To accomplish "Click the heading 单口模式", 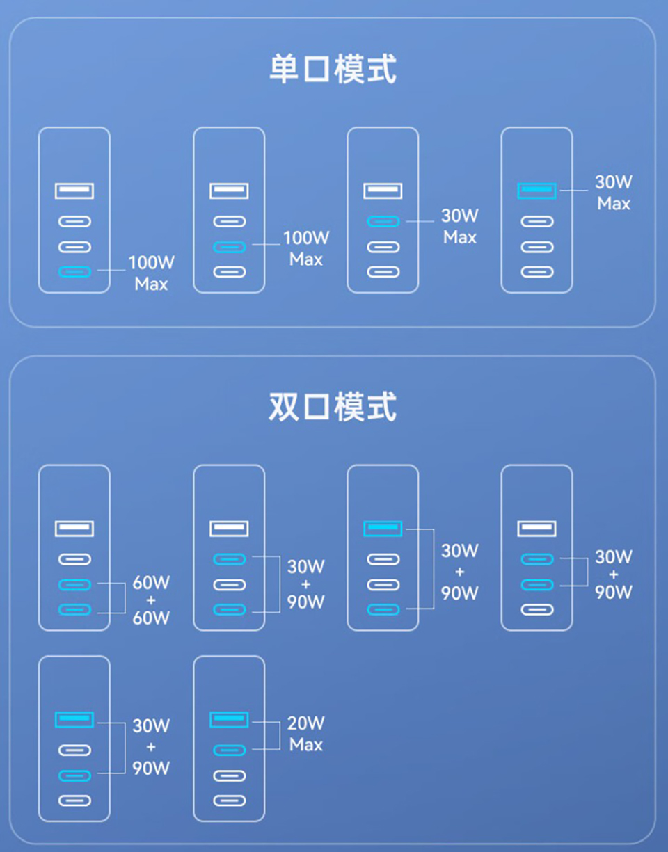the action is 333,70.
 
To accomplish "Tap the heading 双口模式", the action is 333,407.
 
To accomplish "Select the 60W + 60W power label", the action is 151,600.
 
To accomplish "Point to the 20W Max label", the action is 306,734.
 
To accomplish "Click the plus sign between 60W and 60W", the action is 151,600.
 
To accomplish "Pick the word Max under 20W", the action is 306,744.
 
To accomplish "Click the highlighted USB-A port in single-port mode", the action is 536,191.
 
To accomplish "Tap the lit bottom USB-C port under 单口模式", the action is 74,272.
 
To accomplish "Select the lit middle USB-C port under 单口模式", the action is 230,247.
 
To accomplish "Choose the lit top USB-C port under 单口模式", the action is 383,222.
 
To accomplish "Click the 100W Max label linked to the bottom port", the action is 152,273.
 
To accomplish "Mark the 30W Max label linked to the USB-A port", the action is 614,193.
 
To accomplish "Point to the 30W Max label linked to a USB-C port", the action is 460,226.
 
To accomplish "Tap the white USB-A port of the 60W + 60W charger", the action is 74,529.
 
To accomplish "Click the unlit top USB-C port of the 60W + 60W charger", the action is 74,559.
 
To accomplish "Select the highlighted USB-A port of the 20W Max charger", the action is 229,719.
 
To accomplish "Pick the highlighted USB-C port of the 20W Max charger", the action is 230,750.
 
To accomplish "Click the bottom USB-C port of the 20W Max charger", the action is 230,801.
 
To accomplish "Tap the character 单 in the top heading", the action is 284,70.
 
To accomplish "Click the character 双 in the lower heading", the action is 284,407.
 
